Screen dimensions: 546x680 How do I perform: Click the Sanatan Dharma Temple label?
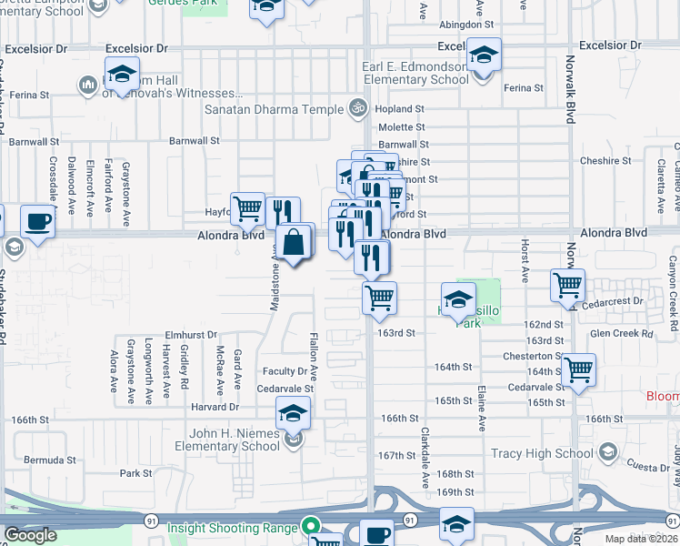274,109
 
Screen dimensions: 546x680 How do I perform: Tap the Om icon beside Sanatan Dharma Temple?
358,109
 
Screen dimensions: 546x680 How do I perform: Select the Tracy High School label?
541,453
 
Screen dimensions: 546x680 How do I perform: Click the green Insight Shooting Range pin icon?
310,527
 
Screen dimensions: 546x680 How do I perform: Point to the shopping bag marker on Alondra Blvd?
295,243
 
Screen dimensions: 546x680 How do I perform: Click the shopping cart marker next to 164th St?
578,369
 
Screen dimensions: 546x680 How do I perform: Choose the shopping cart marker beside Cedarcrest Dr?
567,286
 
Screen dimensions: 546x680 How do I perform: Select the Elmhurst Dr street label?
191,335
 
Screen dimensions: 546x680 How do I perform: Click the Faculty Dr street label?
285,371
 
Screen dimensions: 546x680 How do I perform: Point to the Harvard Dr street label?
215,407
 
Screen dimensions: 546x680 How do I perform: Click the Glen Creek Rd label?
621,334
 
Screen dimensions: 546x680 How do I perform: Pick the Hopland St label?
401,109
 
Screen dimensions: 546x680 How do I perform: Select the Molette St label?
402,127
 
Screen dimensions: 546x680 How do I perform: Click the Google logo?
30,535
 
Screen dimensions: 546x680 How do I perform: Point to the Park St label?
135,473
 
